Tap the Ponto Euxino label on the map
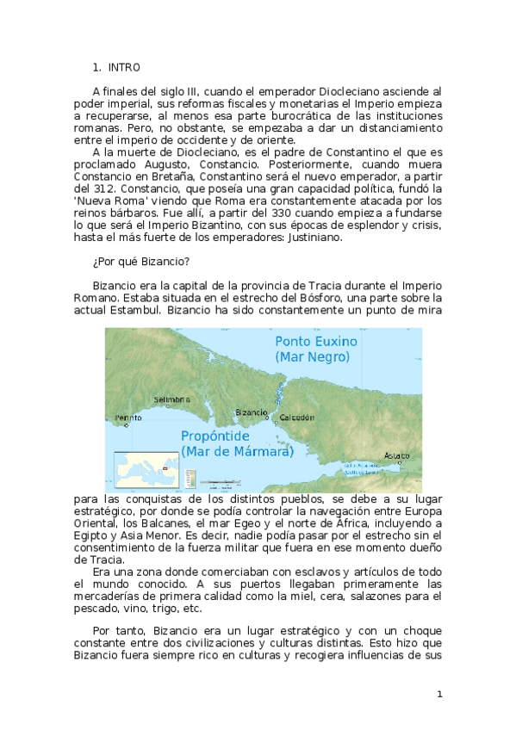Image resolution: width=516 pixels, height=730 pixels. click(x=316, y=341)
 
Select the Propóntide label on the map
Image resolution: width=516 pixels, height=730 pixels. click(x=220, y=436)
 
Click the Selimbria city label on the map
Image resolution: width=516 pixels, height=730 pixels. click(x=171, y=399)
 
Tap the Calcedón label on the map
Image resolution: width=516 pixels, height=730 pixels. click(x=295, y=417)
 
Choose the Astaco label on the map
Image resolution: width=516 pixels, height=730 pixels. click(x=397, y=455)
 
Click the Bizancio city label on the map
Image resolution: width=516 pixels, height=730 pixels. click(x=252, y=412)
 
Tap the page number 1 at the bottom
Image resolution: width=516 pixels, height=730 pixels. click(x=439, y=694)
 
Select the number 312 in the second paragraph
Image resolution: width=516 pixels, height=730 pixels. click(x=116, y=188)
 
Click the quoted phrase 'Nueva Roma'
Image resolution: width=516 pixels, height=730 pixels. click(x=121, y=200)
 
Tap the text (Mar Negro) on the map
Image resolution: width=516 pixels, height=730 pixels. click(x=312, y=356)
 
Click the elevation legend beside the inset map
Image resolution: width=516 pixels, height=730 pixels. click(x=190, y=477)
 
